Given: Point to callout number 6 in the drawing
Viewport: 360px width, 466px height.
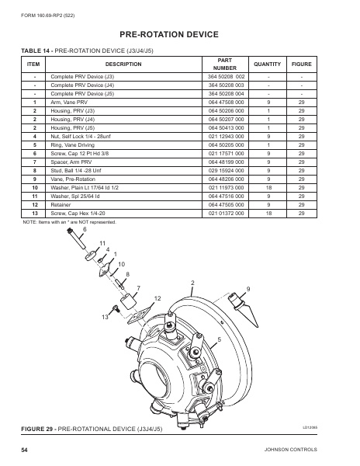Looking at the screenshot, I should (85, 229).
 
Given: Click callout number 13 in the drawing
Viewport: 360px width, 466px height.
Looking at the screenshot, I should (104, 317).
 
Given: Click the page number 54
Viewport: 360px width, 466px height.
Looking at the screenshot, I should (25, 450).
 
